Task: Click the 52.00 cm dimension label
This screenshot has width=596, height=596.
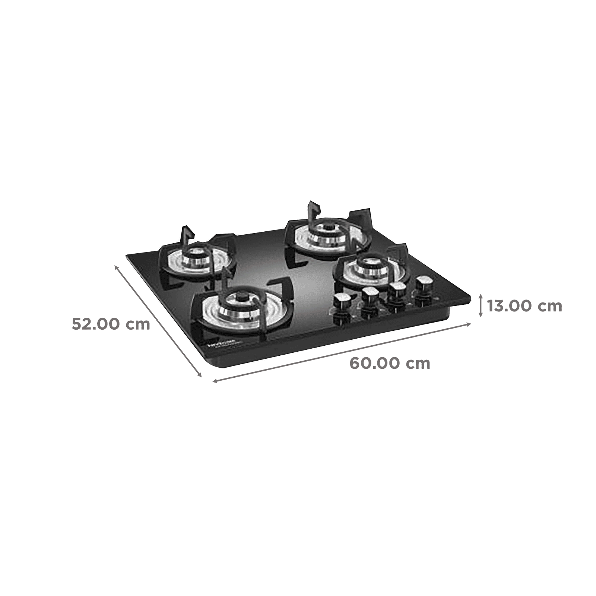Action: point(111,324)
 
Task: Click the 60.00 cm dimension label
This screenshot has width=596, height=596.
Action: point(390,363)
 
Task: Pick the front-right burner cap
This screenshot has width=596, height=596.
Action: point(363,261)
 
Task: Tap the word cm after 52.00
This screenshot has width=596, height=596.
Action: point(138,324)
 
